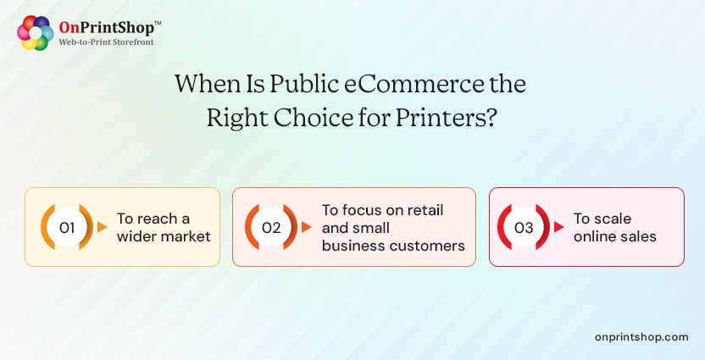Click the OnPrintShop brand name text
[103, 27]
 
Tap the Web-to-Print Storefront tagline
[106, 42]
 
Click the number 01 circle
[68, 227]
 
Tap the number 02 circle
[271, 227]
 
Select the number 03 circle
[524, 227]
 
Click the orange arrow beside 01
[103, 227]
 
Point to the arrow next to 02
[307, 227]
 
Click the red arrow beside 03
[559, 227]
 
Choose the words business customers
[393, 246]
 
